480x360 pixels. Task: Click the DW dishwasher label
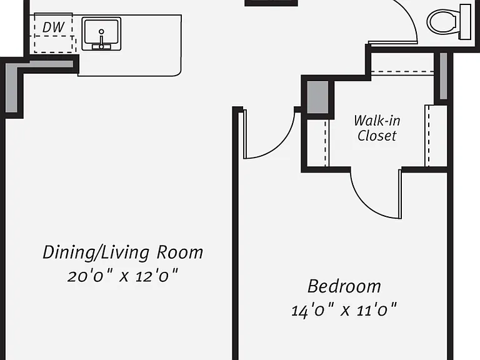coord(54,27)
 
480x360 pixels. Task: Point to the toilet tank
coord(465,22)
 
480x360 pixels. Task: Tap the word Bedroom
coord(344,286)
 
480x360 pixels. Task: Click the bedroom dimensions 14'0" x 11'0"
coord(344,310)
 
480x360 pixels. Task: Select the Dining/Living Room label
coord(122,252)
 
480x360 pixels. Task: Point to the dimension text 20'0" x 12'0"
coord(122,276)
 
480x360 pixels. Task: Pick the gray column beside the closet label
coord(317,97)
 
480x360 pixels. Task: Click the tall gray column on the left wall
coord(12,87)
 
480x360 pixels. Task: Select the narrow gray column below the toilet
coord(443,76)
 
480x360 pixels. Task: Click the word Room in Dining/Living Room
coord(180,252)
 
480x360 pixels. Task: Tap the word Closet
coord(377,136)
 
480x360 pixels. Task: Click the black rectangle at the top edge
coord(271,2)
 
